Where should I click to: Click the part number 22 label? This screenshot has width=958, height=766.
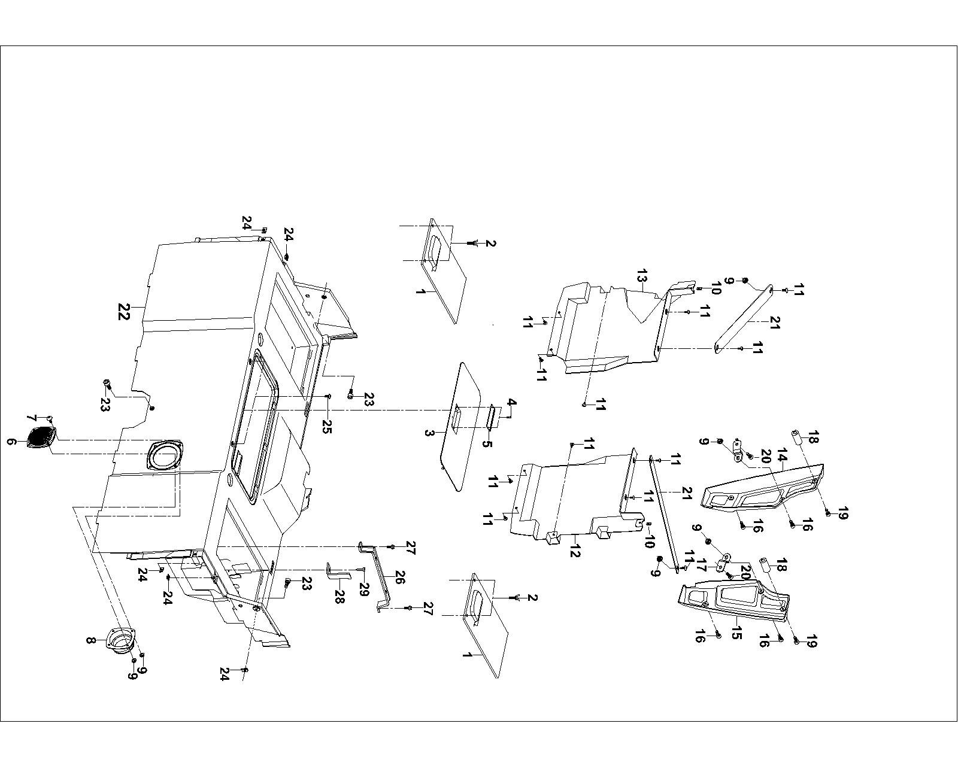123,312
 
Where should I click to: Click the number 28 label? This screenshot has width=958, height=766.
339,597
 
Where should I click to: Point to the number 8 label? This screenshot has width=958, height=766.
90,640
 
